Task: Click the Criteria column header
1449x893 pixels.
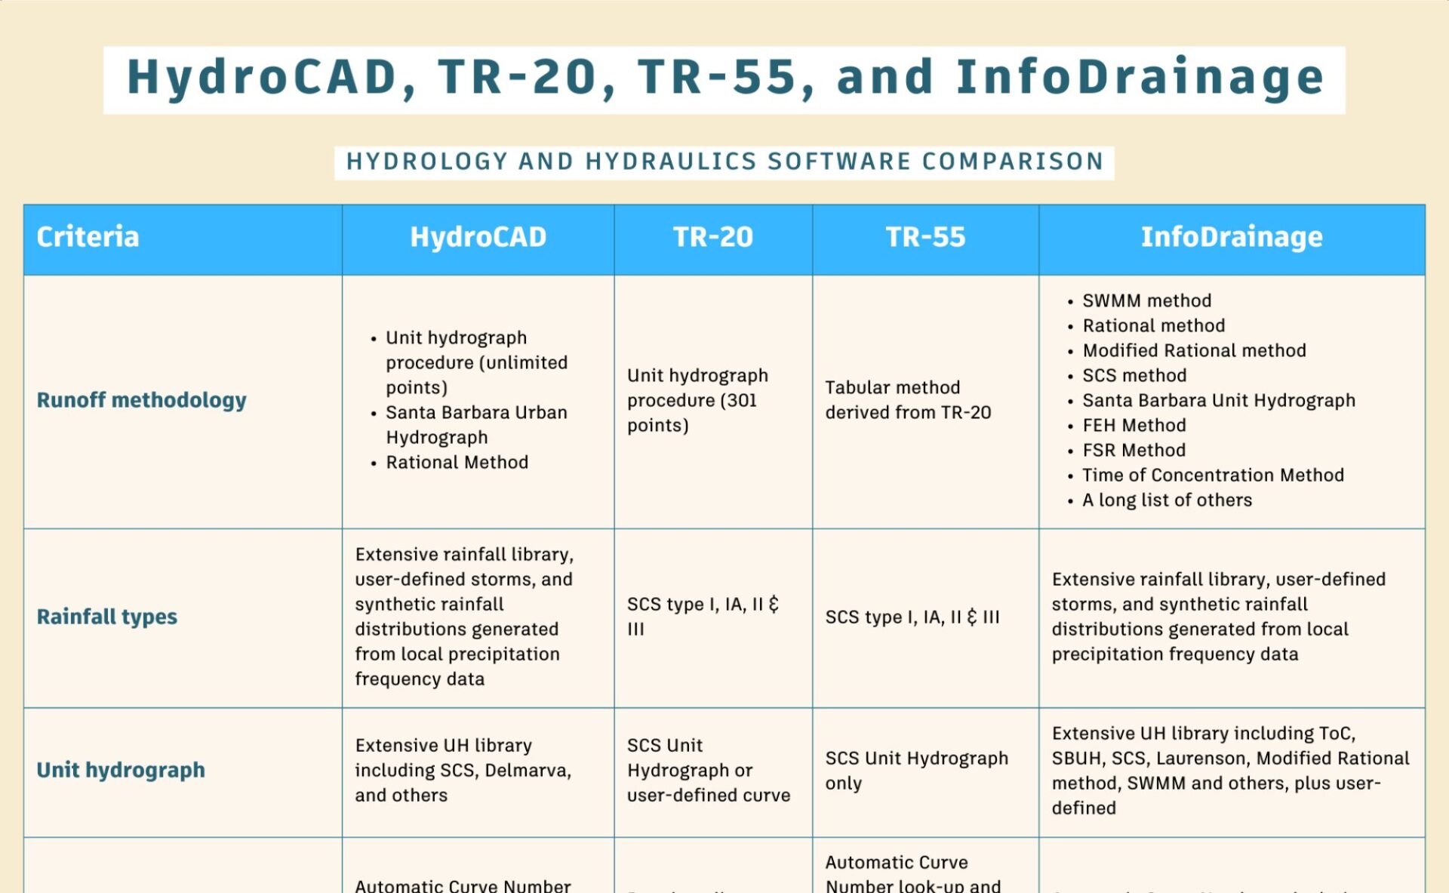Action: [88, 237]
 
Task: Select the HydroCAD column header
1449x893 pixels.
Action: [478, 237]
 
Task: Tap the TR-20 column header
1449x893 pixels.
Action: [712, 237]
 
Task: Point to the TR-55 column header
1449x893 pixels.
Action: [925, 237]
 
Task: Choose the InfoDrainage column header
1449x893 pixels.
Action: [1231, 237]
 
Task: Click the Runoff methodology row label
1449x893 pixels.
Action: [141, 400]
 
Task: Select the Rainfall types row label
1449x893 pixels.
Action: [106, 617]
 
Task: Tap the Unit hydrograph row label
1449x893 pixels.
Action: [121, 770]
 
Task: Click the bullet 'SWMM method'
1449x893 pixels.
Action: [1146, 300]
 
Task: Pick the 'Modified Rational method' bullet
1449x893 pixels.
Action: [1194, 350]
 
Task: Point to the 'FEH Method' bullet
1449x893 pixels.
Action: [1134, 425]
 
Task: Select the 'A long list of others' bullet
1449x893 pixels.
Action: [1167, 500]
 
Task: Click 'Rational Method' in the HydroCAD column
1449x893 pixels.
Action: [457, 462]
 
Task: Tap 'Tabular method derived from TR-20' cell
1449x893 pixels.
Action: [908, 400]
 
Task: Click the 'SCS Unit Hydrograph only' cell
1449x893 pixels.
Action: [916, 770]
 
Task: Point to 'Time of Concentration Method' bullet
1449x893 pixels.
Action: [1213, 475]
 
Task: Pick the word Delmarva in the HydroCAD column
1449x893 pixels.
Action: [528, 770]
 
